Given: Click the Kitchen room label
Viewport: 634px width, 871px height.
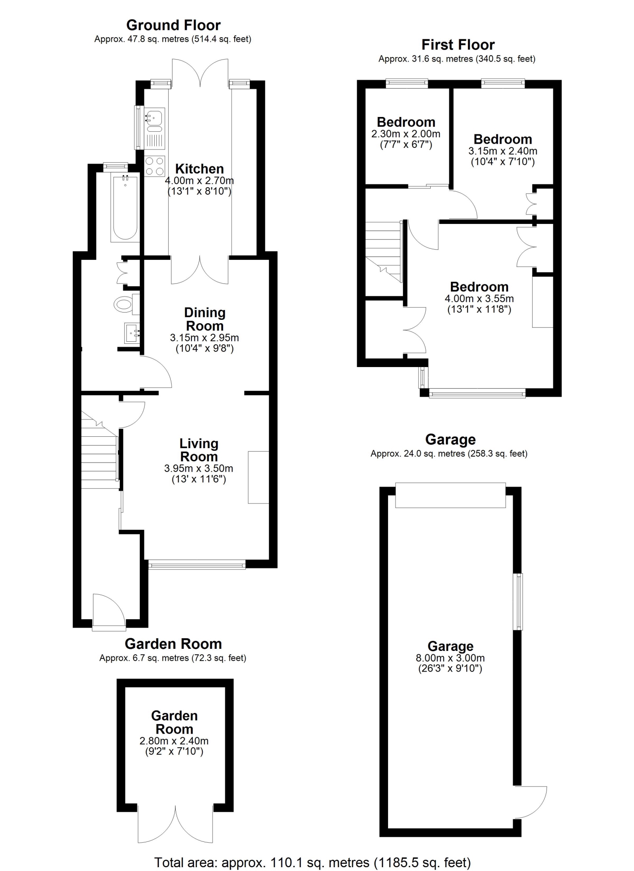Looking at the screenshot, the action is (199, 169).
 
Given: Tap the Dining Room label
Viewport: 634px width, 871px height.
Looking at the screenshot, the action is (205, 319).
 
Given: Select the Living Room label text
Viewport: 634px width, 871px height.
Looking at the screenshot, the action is (199, 450).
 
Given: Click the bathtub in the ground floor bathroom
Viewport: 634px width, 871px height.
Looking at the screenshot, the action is (125, 209).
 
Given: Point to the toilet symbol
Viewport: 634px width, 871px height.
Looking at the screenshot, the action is (127, 304).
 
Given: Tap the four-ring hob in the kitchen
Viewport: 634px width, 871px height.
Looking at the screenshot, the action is (155, 166).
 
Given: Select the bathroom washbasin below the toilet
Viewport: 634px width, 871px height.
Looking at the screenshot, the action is (132, 333).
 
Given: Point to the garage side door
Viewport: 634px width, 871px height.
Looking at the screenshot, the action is (530, 802).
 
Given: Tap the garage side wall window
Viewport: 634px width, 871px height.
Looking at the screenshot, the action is (518, 602).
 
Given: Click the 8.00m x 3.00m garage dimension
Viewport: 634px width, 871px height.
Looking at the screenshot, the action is (450, 658).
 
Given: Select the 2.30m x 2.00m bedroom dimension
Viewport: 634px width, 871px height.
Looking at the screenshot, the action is (406, 134).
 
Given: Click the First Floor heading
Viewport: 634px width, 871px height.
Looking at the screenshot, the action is (458, 45).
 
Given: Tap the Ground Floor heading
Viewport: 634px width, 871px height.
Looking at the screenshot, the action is (173, 25).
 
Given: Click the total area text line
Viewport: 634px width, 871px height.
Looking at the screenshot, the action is (312, 859).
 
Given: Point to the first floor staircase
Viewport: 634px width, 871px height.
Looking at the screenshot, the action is (383, 252).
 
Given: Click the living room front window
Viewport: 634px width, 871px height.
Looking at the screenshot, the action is (197, 564).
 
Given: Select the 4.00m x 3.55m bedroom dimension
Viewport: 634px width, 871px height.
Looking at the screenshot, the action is (479, 299).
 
